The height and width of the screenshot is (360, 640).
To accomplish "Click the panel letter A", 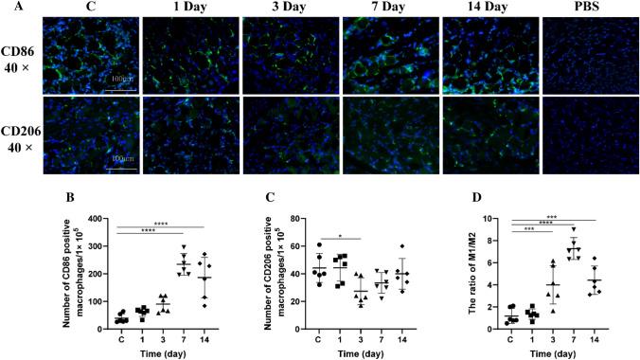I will [x=7, y=9].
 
